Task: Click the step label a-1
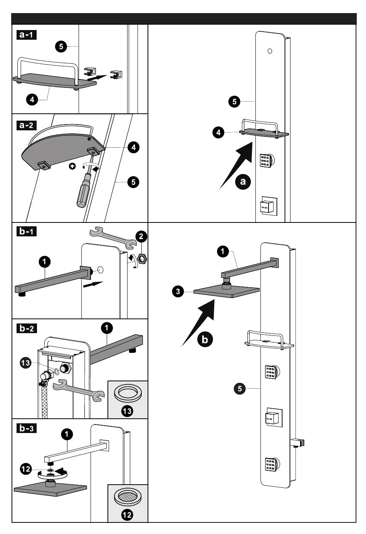pos(27,35)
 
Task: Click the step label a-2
pos(27,125)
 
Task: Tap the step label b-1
pos(27,232)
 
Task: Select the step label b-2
pos(27,328)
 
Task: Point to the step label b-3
pos(27,428)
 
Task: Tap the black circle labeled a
pos(243,181)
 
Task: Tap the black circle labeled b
pos(205,339)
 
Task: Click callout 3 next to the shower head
pos(178,291)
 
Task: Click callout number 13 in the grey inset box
pos(127,411)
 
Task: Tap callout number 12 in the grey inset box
pos(127,514)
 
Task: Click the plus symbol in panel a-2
pos(72,166)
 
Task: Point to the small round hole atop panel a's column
pos(270,51)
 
